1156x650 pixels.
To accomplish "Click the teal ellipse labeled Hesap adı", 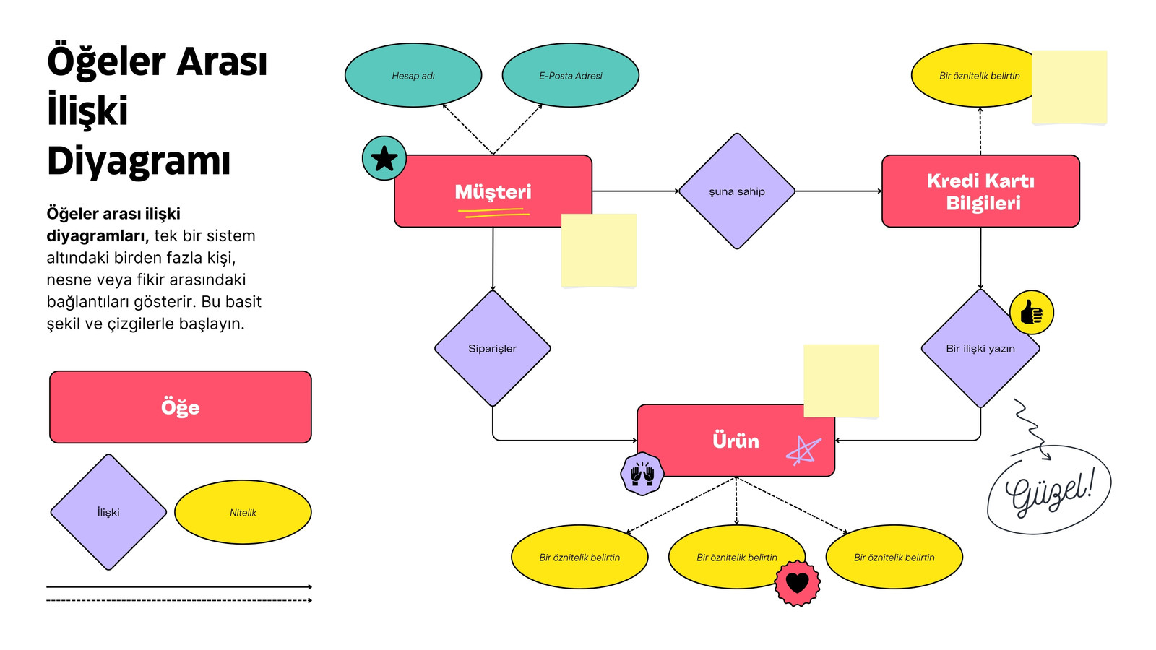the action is pyautogui.click(x=413, y=75).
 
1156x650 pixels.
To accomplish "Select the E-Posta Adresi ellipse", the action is pyautogui.click(x=570, y=75).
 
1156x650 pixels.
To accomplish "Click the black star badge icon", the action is pyautogui.click(x=384, y=158).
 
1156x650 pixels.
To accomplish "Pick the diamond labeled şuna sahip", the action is pyautogui.click(x=736, y=191).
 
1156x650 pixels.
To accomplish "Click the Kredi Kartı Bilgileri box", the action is pyautogui.click(x=980, y=191).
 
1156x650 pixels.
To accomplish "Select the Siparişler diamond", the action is pyautogui.click(x=492, y=349).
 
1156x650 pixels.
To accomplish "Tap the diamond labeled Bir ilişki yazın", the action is pyautogui.click(x=980, y=349).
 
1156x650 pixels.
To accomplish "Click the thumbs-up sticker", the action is pyautogui.click(x=1032, y=313).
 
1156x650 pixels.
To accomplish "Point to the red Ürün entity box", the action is pyautogui.click(x=736, y=441).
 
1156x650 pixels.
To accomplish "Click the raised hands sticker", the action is pyautogui.click(x=642, y=474).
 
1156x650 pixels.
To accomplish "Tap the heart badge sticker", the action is pyautogui.click(x=798, y=583).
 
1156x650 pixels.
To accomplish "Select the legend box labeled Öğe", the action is pyautogui.click(x=180, y=407).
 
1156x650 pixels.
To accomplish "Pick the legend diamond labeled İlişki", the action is pyautogui.click(x=108, y=512).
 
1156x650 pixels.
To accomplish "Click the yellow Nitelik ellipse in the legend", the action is pyautogui.click(x=243, y=512).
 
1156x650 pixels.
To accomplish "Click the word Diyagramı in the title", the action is pyautogui.click(x=138, y=161).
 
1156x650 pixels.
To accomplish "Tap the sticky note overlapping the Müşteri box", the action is pyautogui.click(x=599, y=251).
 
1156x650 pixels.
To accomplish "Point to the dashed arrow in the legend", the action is pyautogui.click(x=179, y=600).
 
